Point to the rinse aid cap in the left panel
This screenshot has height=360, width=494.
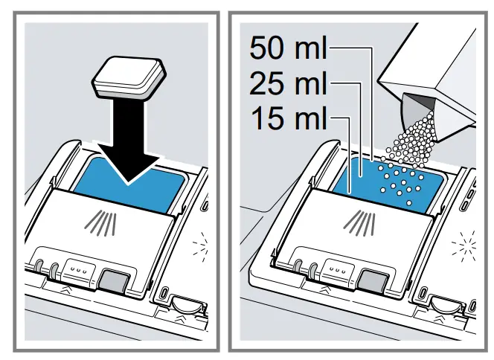[184, 302]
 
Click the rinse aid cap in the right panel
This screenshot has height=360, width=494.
[444, 302]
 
